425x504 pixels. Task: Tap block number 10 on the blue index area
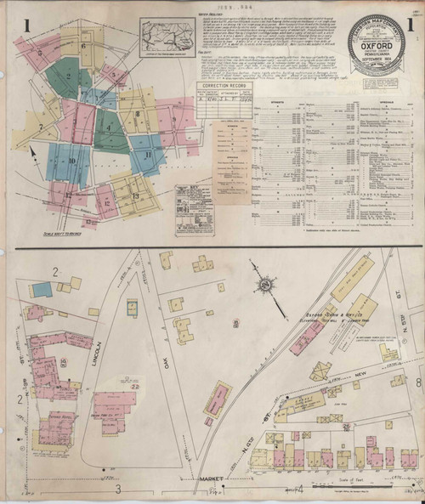pyautogui.click(x=72, y=160)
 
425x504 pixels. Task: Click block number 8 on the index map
pyautogui.click(x=137, y=113)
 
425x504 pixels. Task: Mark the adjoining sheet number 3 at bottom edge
pyautogui.click(x=119, y=488)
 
